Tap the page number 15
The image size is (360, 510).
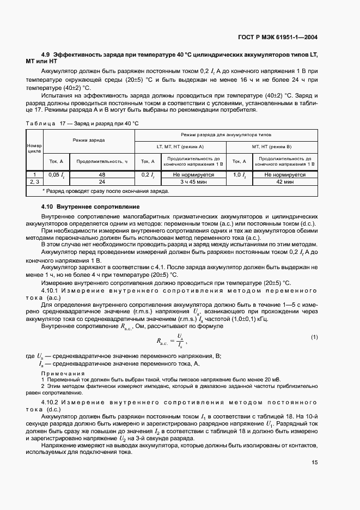tap(314, 462)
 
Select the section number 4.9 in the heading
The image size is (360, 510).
tap(46, 55)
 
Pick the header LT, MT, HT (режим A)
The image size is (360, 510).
tap(180, 147)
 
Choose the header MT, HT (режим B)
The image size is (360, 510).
tap(271, 147)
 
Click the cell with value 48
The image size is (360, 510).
tap(101, 175)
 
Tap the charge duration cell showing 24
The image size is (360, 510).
tap(101, 182)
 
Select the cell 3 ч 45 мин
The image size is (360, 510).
tap(193, 182)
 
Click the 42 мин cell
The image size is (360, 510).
tap(285, 182)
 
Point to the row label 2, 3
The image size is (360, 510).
tap(34, 182)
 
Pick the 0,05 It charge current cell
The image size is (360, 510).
tap(56, 175)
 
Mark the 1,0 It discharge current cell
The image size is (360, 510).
tap(239, 175)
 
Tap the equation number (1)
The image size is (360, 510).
tap(314, 337)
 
